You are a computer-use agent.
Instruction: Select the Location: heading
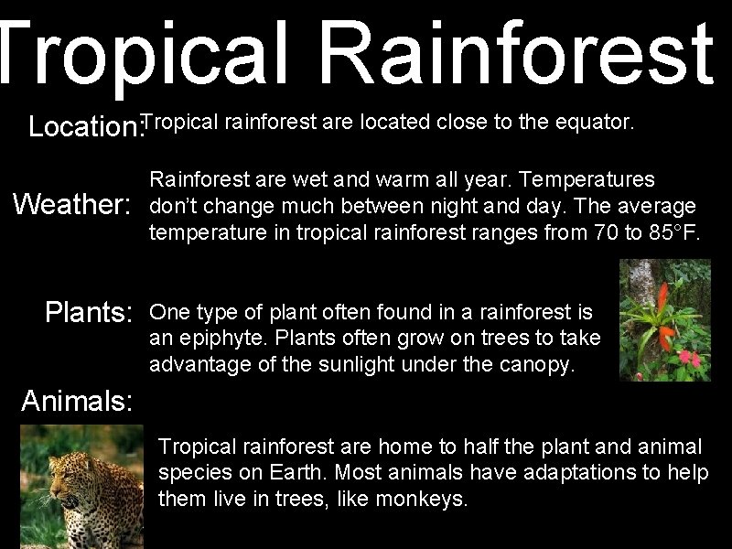point(86,126)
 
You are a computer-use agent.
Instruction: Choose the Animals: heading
point(78,400)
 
